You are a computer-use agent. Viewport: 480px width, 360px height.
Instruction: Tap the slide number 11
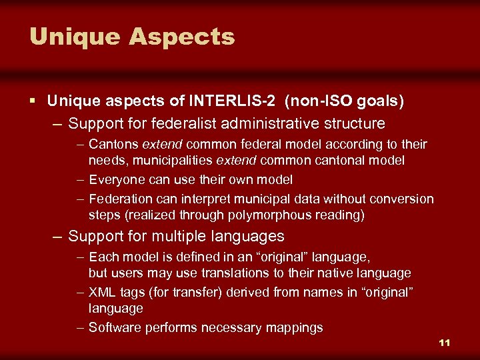445,343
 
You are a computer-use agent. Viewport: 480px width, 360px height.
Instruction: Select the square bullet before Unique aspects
33,101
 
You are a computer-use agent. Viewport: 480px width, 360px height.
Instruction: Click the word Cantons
113,145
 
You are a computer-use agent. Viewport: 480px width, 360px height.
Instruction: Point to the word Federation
120,199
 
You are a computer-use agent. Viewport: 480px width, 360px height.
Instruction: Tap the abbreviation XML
102,293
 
